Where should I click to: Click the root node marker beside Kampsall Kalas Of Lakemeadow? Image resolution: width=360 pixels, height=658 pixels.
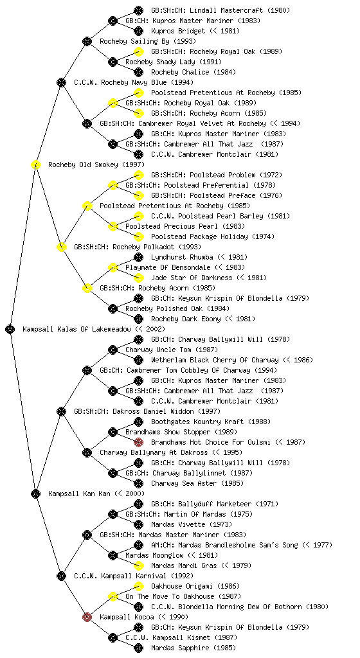(x=10, y=329)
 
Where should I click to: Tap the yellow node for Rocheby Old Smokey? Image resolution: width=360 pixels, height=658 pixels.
(x=35, y=164)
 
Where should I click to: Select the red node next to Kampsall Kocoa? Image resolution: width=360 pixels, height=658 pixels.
(x=87, y=617)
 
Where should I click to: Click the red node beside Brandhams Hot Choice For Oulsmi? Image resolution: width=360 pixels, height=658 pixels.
(x=138, y=442)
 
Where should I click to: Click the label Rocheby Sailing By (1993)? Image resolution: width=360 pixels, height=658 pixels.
(x=148, y=41)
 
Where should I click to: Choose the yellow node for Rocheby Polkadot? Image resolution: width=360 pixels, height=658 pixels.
(x=61, y=247)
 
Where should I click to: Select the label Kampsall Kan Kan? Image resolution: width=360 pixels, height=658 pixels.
(x=79, y=493)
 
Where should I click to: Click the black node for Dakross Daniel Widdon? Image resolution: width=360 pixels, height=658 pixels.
(x=61, y=411)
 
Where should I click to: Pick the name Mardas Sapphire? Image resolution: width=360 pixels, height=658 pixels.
(x=180, y=648)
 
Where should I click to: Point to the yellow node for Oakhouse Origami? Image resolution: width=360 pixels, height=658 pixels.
(x=138, y=586)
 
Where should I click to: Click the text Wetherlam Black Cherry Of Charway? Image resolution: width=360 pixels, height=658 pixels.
(x=215, y=360)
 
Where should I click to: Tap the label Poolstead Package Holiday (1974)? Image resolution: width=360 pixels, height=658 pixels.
(x=213, y=236)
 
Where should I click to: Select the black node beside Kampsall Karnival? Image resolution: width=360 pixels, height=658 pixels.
(x=61, y=576)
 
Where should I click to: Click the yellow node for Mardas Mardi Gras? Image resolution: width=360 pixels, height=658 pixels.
(x=138, y=565)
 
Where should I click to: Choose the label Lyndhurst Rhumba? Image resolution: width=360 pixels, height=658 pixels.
(x=182, y=257)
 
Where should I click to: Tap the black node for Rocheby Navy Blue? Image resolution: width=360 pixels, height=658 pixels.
(x=61, y=82)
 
